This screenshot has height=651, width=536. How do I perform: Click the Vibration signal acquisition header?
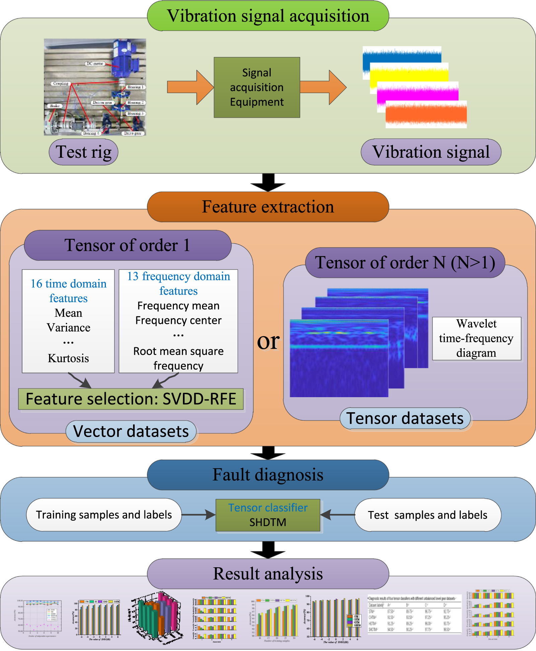268,16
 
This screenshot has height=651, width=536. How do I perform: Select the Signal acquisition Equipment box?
257,87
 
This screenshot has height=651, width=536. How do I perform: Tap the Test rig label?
83,152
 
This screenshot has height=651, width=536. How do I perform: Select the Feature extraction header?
268,207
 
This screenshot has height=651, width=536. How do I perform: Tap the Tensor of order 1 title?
128,245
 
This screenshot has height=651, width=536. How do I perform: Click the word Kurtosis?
68,358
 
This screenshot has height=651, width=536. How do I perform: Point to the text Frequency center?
178,320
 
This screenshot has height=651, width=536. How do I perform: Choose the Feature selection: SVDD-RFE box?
131,399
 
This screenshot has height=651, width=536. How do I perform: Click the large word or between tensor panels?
268,342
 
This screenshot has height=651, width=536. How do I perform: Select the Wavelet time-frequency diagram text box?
476,339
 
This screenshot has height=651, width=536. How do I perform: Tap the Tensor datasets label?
405,419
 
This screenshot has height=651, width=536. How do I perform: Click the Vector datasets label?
131,431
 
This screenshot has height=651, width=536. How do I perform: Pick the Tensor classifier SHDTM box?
268,515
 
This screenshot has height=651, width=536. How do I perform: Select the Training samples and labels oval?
104,515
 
